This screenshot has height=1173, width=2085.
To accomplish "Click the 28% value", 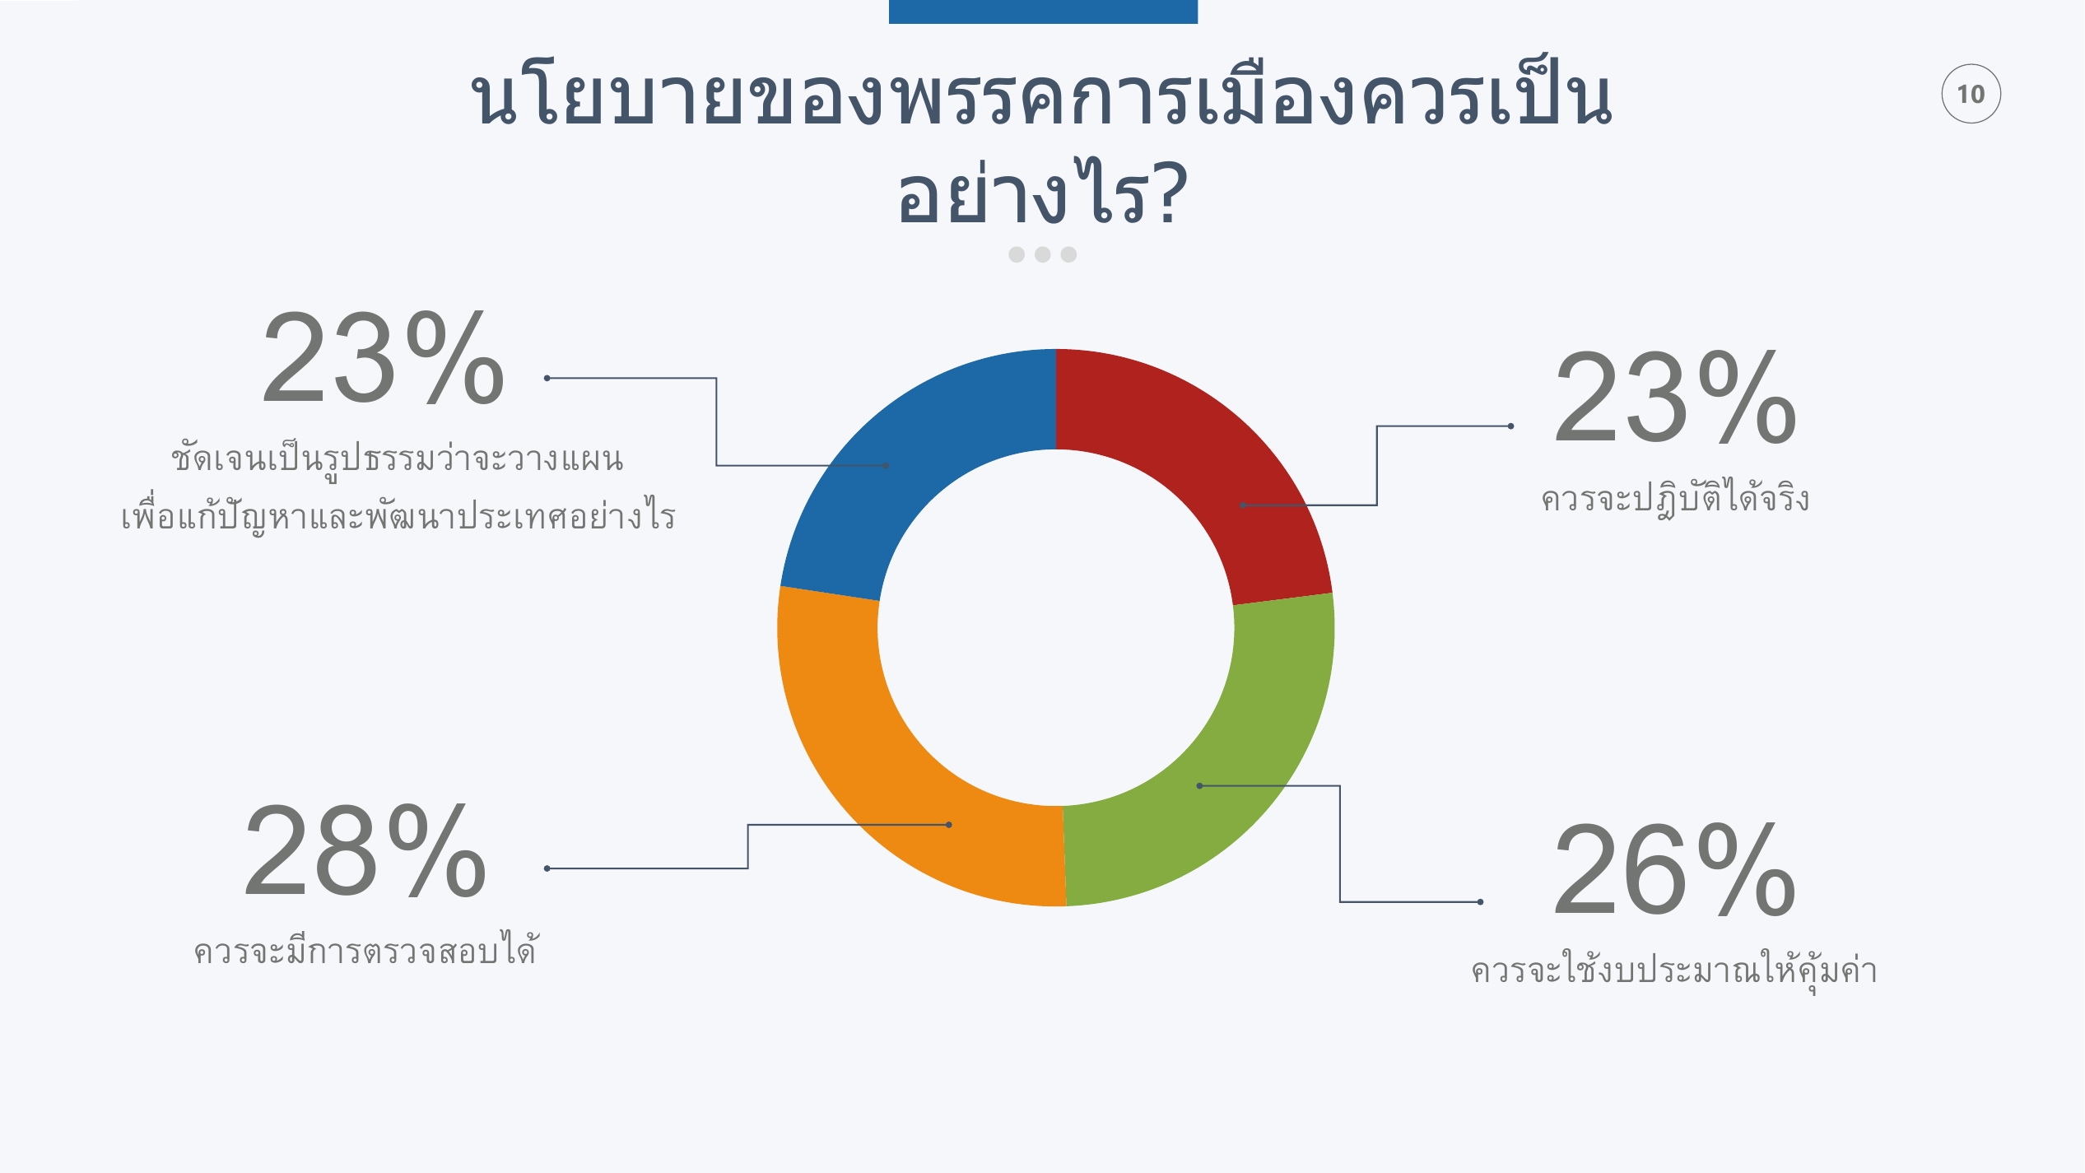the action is [x=365, y=851].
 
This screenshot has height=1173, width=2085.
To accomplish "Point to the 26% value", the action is [x=1674, y=870].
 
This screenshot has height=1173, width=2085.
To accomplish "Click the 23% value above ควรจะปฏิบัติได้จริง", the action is [x=1675, y=398].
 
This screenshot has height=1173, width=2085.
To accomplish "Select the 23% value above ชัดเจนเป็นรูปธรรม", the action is [x=383, y=358].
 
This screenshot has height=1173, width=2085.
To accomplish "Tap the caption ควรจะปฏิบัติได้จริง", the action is [x=1675, y=497].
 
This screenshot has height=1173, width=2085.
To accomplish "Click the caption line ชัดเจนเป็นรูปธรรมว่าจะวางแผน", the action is [x=398, y=458].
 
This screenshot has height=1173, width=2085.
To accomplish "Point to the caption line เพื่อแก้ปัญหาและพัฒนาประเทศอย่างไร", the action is [x=398, y=514].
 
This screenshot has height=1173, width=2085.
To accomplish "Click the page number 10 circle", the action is [x=1971, y=94].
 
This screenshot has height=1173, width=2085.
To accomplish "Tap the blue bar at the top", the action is [x=1043, y=12].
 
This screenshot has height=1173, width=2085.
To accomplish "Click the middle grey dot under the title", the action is [x=1043, y=254].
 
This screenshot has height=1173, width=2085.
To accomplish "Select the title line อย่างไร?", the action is [x=1043, y=193].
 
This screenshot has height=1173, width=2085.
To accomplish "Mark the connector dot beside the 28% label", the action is [x=547, y=868].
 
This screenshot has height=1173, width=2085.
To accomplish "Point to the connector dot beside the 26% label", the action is [x=1480, y=901].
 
